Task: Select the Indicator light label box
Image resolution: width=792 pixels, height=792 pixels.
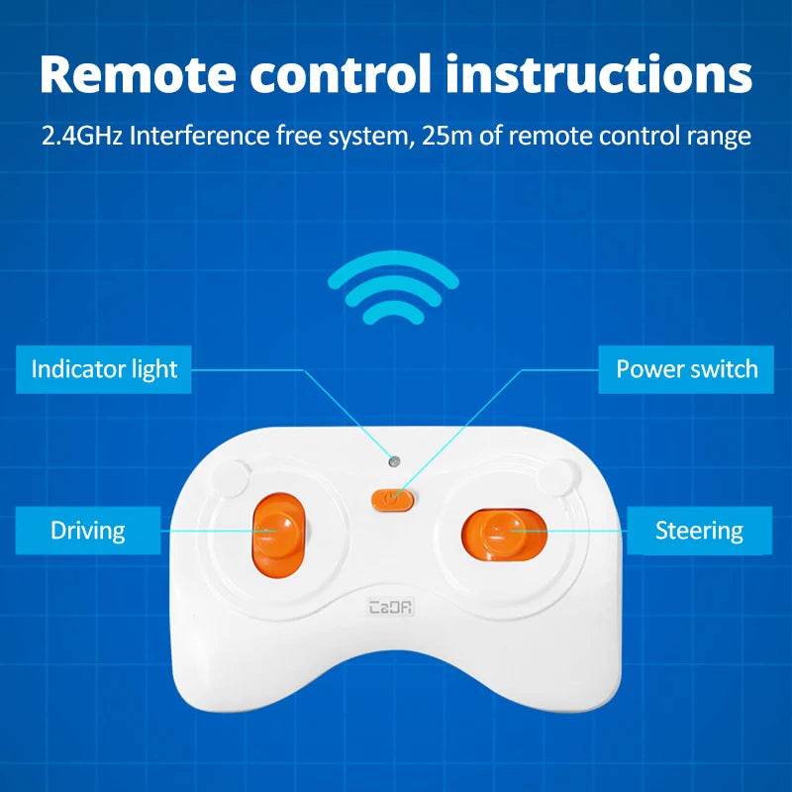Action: [x=104, y=369]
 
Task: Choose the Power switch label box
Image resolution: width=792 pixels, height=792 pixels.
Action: [x=686, y=369]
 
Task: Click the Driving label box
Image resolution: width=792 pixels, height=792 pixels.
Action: [x=87, y=531]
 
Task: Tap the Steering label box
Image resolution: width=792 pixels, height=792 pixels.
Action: [x=699, y=531]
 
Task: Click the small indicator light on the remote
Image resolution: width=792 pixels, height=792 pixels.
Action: [x=394, y=461]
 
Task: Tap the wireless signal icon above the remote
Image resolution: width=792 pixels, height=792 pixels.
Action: [x=393, y=286]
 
